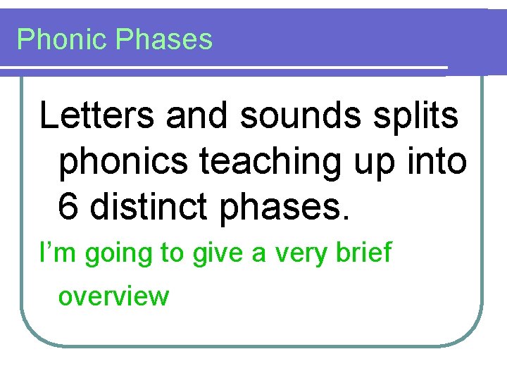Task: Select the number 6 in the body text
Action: click(x=69, y=208)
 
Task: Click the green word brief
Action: click(x=363, y=253)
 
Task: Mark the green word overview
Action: click(x=114, y=296)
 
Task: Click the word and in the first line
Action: click(x=196, y=116)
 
